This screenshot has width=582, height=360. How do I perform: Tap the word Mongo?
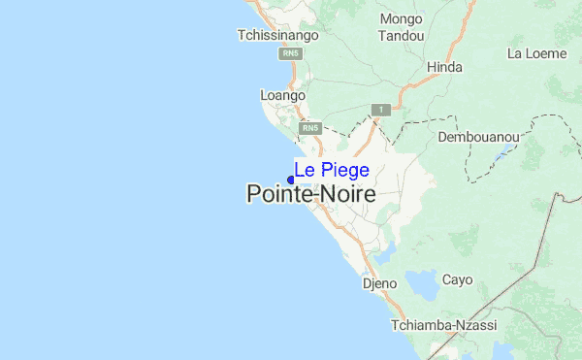click(402, 18)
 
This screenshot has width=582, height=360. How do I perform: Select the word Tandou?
click(402, 35)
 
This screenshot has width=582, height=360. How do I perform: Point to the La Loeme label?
click(536, 53)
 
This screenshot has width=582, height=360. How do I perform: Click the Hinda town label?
click(444, 67)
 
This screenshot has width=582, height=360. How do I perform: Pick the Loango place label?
click(283, 96)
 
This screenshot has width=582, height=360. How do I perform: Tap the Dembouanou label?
click(479, 138)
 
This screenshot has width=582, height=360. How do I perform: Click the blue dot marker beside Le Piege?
click(291, 180)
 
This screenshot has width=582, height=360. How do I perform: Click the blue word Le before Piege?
click(304, 171)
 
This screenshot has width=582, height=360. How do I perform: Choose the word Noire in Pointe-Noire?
click(348, 194)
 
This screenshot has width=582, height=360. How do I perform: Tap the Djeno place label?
click(379, 284)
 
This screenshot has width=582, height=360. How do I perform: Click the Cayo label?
click(457, 279)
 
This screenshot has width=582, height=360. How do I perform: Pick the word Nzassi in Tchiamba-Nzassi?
click(482, 325)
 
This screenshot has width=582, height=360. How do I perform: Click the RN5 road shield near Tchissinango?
click(289, 54)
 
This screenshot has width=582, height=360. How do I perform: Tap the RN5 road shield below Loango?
click(309, 128)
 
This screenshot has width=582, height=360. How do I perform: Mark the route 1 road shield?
click(383, 111)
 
